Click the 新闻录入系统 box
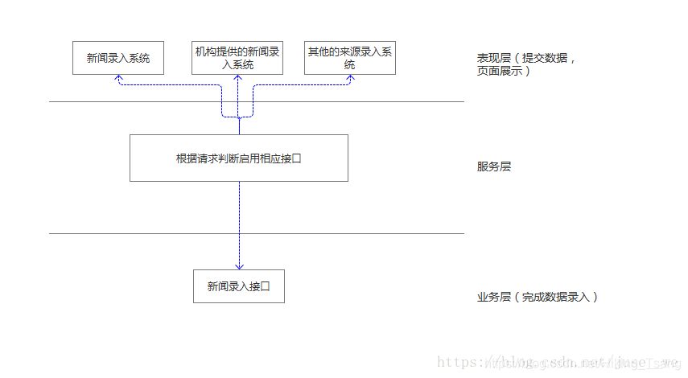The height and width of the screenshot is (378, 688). click(x=118, y=58)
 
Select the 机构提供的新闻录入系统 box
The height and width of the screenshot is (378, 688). click(x=238, y=58)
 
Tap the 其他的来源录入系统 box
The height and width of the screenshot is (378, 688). click(x=349, y=58)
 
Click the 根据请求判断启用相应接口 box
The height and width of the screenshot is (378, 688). click(x=238, y=158)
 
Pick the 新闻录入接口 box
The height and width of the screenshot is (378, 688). click(x=238, y=286)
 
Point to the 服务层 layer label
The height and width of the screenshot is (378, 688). click(x=494, y=167)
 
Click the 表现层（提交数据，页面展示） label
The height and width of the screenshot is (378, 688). click(x=526, y=64)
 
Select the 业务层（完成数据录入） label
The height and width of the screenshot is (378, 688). click(x=537, y=297)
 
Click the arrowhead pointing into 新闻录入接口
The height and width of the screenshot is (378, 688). click(x=239, y=266)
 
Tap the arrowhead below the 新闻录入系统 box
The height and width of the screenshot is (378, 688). click(x=118, y=78)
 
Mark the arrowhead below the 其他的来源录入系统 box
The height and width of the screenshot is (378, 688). click(x=349, y=78)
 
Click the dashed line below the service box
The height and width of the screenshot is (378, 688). click(x=239, y=217)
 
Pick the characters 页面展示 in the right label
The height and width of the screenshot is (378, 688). click(x=500, y=71)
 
